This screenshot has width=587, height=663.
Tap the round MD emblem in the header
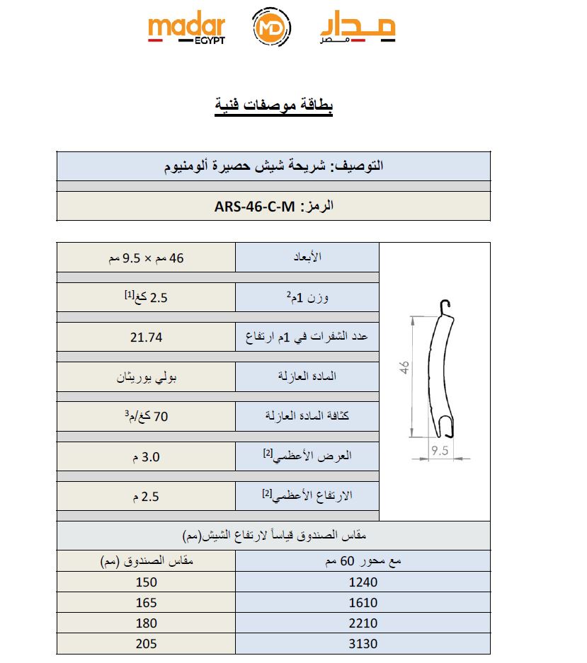click(271, 29)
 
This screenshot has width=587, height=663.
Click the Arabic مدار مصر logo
click(358, 29)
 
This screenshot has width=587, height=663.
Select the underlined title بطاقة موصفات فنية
click(274, 105)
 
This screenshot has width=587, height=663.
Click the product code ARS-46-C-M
click(253, 207)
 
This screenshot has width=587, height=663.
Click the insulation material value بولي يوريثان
click(147, 377)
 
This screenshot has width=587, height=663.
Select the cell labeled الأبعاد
click(307, 258)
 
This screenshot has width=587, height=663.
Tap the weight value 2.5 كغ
click(146, 297)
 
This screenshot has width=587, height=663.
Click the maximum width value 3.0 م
click(146, 457)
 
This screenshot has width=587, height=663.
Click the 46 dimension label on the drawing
click(404, 368)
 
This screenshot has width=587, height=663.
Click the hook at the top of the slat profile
click(444, 307)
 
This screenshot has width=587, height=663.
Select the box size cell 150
click(146, 582)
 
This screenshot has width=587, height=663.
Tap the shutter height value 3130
click(363, 644)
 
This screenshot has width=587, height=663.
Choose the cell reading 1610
click(363, 603)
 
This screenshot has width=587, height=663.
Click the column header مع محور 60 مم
click(363, 562)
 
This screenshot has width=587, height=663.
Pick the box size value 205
click(146, 644)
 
